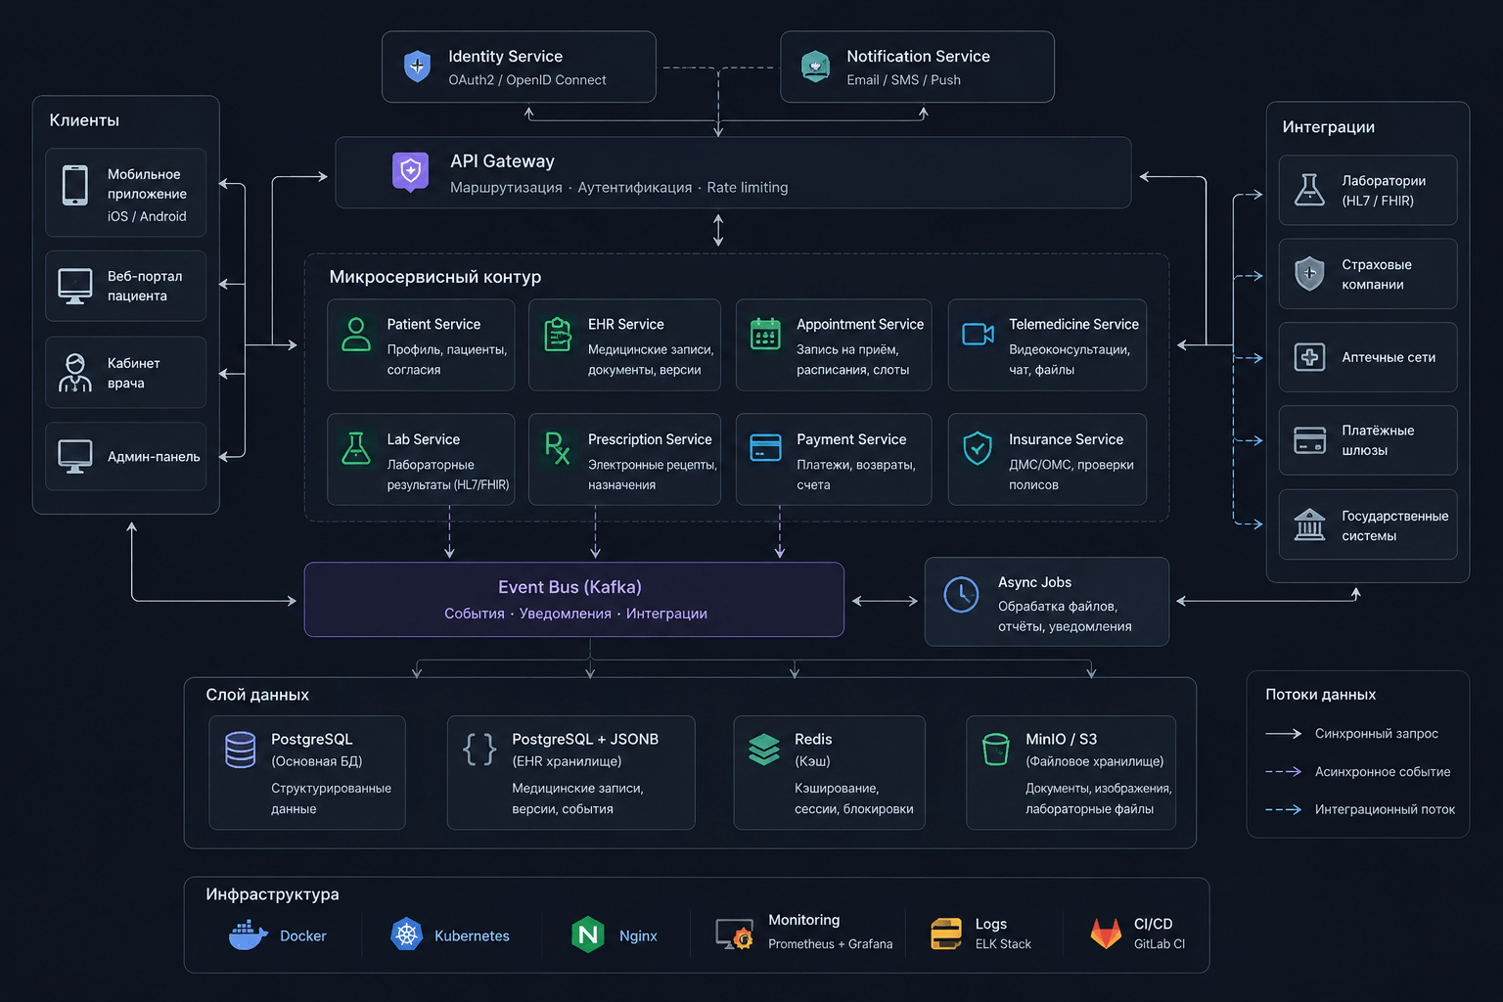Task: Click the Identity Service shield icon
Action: click(x=417, y=67)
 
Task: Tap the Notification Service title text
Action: click(x=918, y=57)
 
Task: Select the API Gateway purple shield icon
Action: click(x=410, y=172)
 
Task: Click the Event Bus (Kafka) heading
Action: click(x=569, y=586)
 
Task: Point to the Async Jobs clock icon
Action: click(x=961, y=595)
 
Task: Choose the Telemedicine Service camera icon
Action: click(x=978, y=334)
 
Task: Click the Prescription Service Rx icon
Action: click(x=557, y=448)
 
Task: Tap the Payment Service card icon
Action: click(x=765, y=448)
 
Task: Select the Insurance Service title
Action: click(x=1066, y=439)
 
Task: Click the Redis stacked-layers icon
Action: click(x=764, y=749)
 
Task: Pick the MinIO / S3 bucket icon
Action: click(x=996, y=749)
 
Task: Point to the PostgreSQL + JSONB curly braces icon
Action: click(x=479, y=749)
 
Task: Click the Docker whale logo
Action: click(x=248, y=934)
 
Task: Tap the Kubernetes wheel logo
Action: click(x=406, y=934)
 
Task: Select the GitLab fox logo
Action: click(x=1106, y=934)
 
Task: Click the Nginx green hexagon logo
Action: click(x=588, y=934)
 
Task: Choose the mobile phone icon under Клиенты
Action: click(x=75, y=185)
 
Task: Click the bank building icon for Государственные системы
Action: click(x=1309, y=524)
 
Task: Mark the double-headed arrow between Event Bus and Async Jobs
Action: click(x=885, y=602)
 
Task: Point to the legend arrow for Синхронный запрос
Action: click(x=1283, y=734)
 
